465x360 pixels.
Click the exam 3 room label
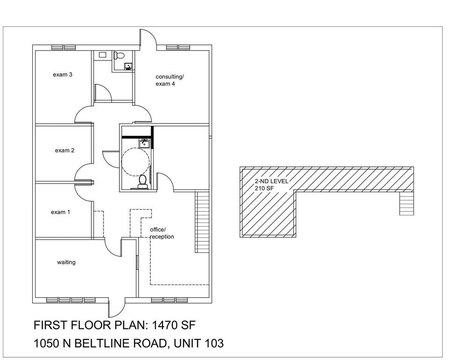62,75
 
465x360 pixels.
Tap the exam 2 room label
65,150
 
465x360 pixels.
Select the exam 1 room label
60,212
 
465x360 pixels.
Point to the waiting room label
66,262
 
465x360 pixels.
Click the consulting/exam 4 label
170,80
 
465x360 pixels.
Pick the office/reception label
162,233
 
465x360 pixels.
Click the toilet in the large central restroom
143,182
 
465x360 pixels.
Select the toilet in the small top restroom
119,55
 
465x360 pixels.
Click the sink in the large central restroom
144,143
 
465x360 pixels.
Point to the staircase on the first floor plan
202,222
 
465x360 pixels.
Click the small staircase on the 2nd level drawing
406,203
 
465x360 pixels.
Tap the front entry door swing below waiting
117,308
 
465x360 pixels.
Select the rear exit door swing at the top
148,38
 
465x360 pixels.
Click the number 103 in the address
214,343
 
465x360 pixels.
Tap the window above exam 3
64,47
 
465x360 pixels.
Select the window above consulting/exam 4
178,47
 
